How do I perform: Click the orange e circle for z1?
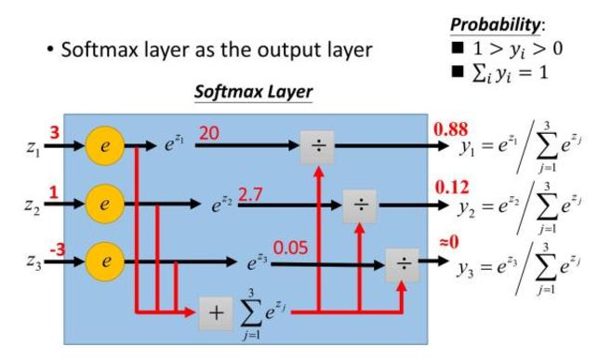coord(106,147)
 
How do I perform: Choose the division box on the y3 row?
coord(404,262)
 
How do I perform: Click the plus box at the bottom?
coord(216,313)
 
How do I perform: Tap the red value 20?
coord(209,134)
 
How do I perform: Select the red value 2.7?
coord(252,194)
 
